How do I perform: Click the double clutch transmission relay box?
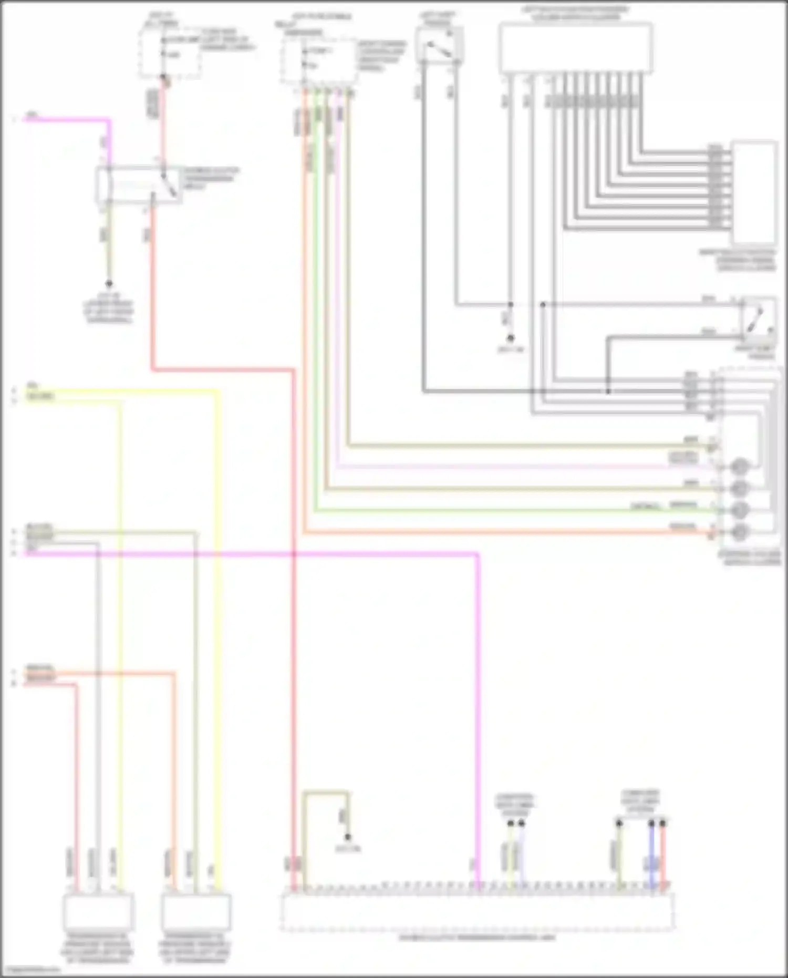[x=139, y=185]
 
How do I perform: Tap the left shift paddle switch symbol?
[x=439, y=47]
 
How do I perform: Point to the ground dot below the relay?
[x=109, y=284]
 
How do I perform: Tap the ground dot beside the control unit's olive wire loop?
[x=347, y=837]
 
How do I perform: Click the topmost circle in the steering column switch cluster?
[x=740, y=466]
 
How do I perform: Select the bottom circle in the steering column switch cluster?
[x=740, y=532]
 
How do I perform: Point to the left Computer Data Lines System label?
[x=514, y=805]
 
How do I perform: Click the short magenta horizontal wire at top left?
[x=68, y=120]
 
